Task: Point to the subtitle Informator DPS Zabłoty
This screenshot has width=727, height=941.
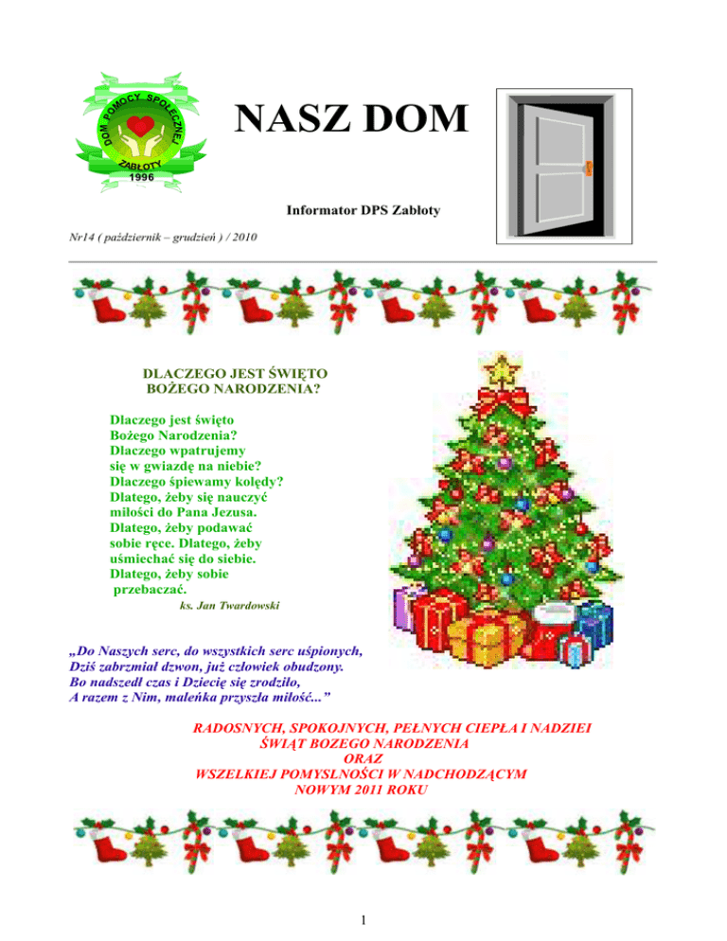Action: point(363,217)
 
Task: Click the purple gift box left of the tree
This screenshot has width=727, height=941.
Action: point(410,614)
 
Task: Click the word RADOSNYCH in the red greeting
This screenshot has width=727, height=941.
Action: point(237,728)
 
